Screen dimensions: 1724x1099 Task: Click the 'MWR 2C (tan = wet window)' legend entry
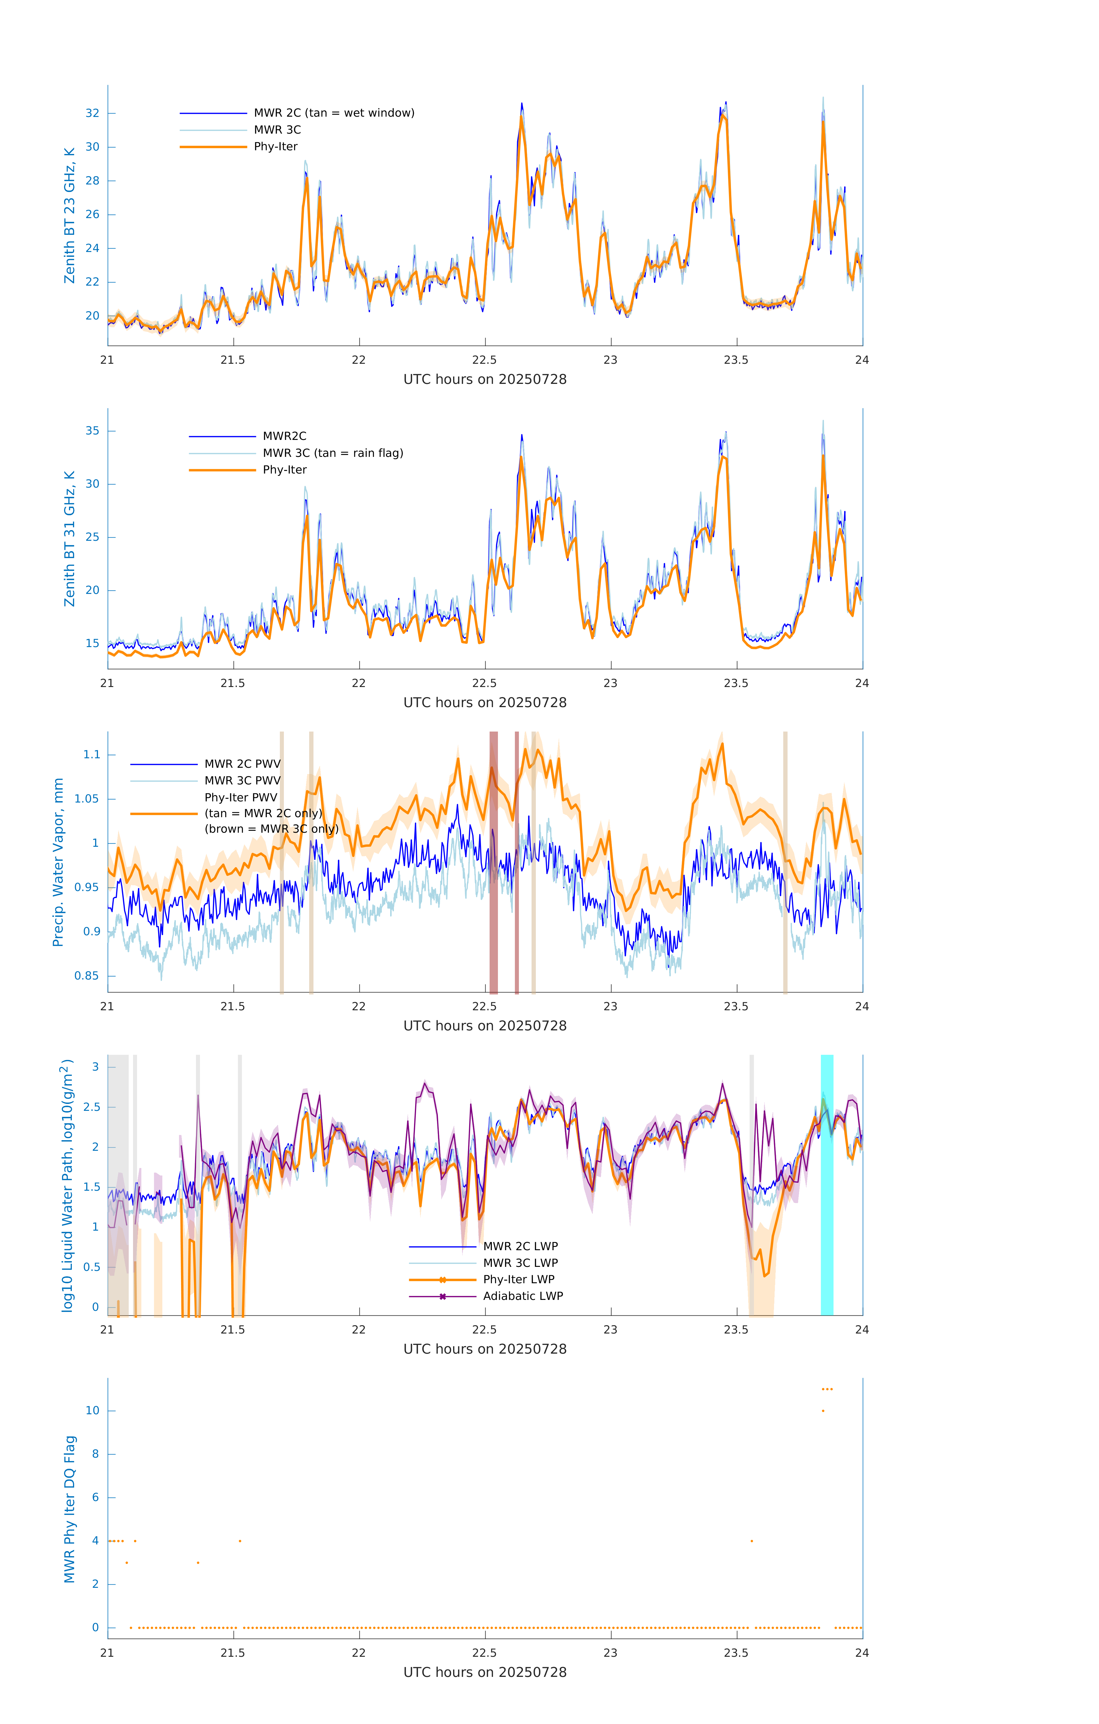334,113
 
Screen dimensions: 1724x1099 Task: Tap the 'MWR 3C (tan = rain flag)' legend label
333,453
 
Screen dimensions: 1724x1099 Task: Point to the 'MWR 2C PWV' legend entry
243,764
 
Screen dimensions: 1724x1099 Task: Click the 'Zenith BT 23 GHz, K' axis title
70,215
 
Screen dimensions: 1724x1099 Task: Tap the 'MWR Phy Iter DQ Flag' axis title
70,1509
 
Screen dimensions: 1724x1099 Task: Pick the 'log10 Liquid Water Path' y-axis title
67,1185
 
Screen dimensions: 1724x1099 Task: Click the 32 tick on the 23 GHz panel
92,113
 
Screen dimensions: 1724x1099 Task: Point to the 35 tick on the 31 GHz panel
92,431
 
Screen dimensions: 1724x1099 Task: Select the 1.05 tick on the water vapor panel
87,799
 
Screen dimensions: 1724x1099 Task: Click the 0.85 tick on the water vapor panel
87,976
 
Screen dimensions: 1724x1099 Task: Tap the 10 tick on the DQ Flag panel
92,1411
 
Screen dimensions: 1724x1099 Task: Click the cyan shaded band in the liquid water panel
827,1185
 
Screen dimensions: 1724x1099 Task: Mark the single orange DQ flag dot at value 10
823,1411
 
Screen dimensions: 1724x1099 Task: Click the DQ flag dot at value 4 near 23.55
752,1541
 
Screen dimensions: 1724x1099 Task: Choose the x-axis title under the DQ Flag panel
485,1673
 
